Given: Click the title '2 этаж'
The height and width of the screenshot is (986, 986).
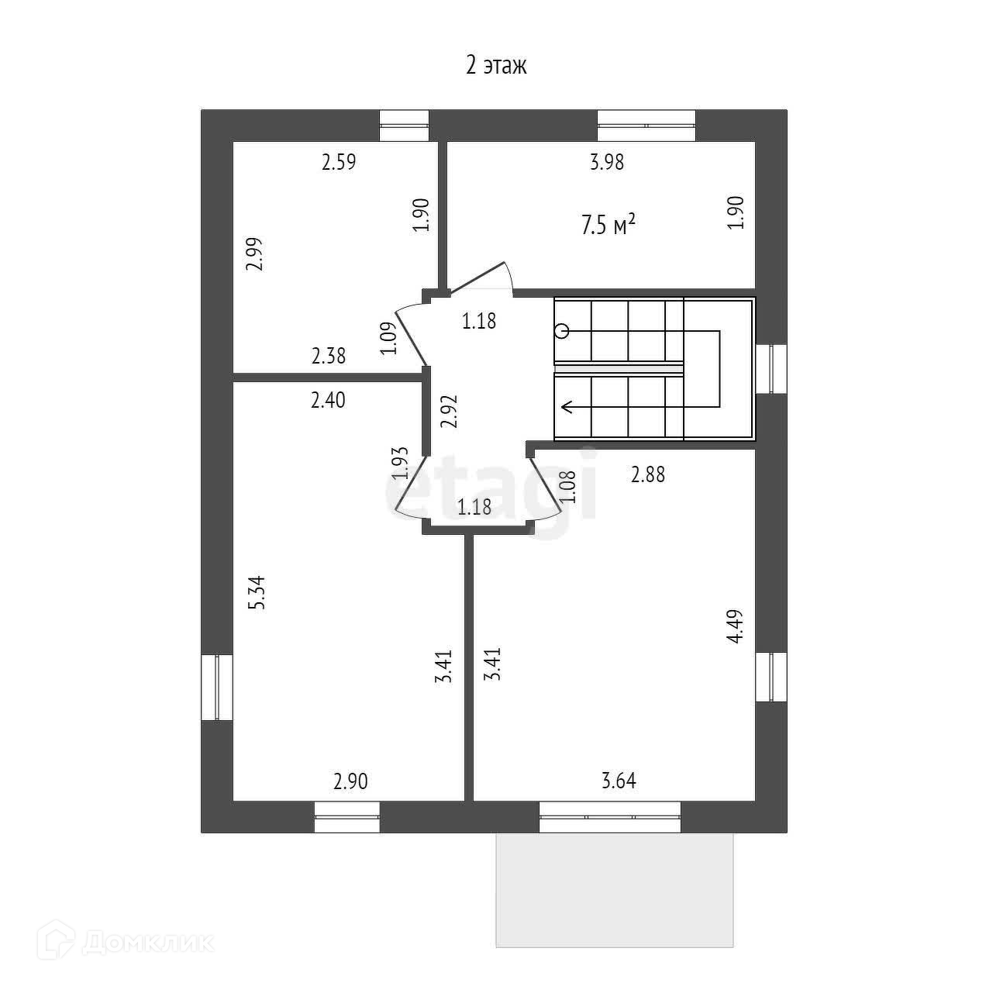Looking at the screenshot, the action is [x=496, y=65].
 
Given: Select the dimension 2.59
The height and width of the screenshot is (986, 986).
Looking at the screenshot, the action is [x=339, y=163].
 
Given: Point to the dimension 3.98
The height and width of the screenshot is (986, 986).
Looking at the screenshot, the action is [x=607, y=163].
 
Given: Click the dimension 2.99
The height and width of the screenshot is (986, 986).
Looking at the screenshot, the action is [x=256, y=253].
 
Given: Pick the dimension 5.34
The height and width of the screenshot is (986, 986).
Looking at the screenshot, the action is [x=257, y=591].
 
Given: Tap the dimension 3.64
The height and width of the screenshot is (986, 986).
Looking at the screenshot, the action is [x=619, y=781].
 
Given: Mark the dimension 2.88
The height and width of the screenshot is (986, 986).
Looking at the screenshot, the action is [x=648, y=474].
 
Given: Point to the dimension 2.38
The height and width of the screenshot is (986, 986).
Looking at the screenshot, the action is [x=329, y=357].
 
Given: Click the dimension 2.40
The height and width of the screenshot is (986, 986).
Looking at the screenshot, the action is [x=328, y=400].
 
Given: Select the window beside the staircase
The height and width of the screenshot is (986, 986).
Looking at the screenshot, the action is [x=771, y=369].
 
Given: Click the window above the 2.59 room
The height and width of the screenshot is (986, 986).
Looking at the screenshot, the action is [x=404, y=126].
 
